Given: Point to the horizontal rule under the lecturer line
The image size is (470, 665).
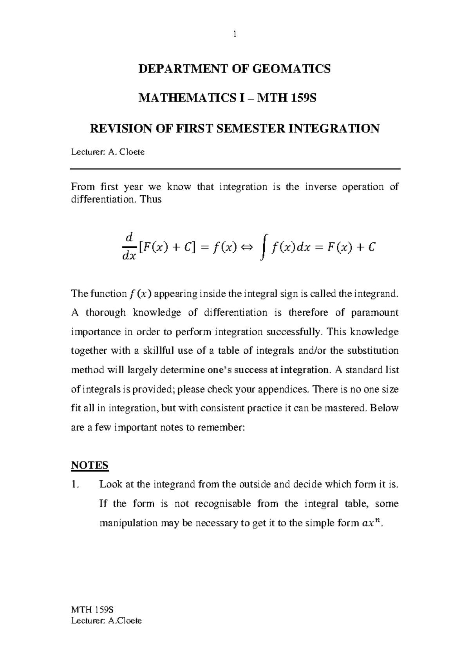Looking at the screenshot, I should coord(235,169).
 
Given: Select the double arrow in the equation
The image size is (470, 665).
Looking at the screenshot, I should coord(247,247).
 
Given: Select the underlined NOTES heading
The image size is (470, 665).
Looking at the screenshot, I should coord(90,465).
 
